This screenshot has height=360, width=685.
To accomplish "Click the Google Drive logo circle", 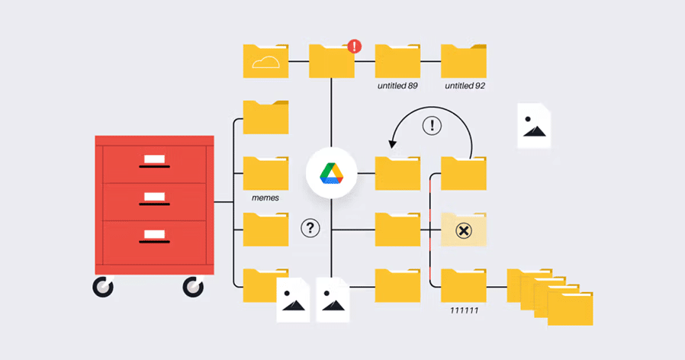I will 331,173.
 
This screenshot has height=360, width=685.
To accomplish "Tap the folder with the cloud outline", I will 265,61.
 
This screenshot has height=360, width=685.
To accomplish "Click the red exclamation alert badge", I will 355,47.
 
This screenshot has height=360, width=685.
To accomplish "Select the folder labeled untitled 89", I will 397,61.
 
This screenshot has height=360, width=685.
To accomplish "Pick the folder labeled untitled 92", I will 464,61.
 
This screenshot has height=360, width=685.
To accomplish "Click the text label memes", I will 265,198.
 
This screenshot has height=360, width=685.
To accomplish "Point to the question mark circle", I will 310,227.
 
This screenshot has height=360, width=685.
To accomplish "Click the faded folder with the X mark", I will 464,230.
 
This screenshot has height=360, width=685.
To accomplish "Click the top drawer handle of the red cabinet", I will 155,166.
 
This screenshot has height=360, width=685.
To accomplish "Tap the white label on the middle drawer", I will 155,196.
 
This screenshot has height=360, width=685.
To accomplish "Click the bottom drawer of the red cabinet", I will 155,243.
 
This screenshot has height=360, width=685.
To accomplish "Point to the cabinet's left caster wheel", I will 103,288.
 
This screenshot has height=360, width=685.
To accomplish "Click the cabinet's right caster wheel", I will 194,288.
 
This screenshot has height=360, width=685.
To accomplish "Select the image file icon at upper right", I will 534,126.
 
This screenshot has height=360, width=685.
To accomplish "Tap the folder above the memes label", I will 265,173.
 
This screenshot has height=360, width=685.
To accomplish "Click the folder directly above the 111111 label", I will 464,287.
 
